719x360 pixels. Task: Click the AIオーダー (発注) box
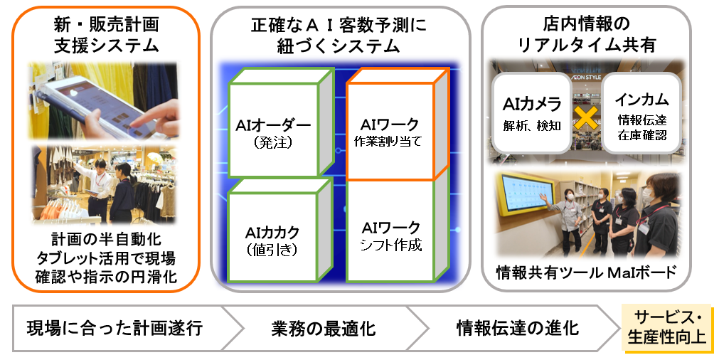pyautogui.click(x=273, y=133)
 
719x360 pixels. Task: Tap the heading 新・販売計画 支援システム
pyautogui.click(x=106, y=35)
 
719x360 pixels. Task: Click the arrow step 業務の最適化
pyautogui.click(x=324, y=329)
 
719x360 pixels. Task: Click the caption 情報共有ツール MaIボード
pyautogui.click(x=586, y=273)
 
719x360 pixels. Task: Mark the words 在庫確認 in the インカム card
pyautogui.click(x=641, y=134)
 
